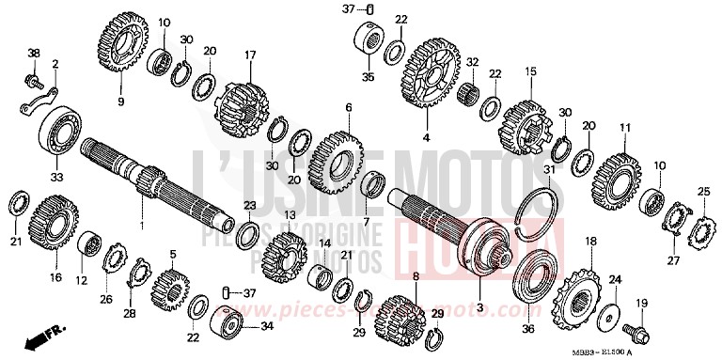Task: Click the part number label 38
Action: click(33, 53)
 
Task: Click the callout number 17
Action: click(250, 55)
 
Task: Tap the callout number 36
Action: click(526, 328)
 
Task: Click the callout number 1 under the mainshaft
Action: click(142, 226)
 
